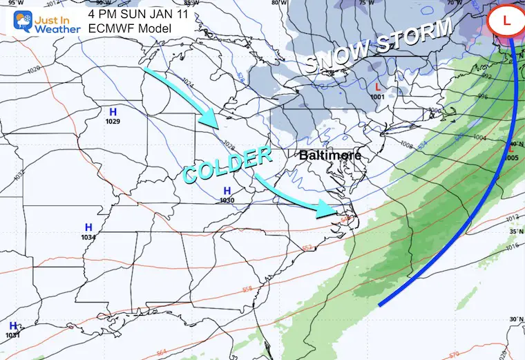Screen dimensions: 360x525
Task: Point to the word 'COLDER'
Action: coord(227,165)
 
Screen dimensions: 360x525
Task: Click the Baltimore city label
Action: coord(330,155)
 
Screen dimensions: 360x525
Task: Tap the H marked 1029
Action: coord(113,111)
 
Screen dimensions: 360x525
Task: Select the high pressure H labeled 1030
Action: coord(227,191)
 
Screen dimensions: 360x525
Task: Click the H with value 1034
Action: coord(88,227)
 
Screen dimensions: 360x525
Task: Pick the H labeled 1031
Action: coord(13,325)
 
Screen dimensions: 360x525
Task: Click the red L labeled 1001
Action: coord(377,86)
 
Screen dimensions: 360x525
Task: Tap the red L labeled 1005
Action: coord(512,148)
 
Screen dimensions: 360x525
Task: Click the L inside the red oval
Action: coord(506,21)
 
